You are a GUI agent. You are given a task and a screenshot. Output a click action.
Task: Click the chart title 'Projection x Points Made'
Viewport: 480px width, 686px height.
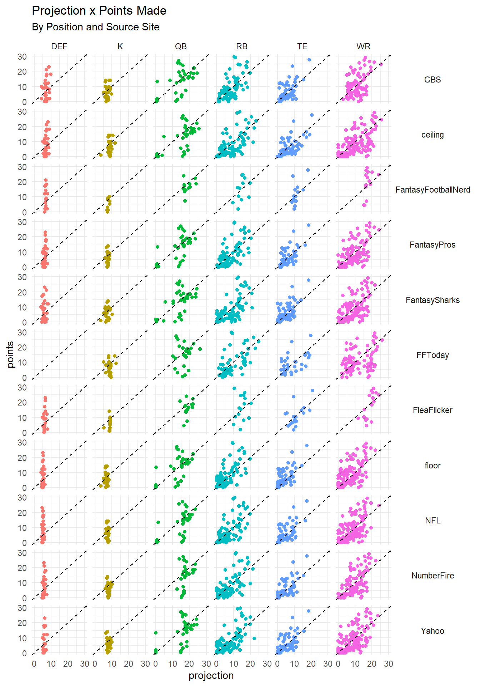[x=99, y=11]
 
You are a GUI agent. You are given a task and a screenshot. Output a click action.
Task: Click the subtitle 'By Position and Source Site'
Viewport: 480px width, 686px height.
[x=95, y=27]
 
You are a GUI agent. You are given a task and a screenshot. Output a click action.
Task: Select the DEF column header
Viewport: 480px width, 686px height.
[x=59, y=46]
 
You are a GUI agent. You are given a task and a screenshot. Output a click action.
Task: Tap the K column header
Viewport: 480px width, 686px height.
[x=120, y=46]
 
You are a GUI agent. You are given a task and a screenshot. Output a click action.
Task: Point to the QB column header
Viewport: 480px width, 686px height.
[x=181, y=46]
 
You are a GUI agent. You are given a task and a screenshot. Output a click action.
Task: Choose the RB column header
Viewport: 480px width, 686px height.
[x=242, y=46]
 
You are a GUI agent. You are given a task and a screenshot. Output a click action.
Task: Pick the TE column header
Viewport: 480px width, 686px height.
[x=302, y=46]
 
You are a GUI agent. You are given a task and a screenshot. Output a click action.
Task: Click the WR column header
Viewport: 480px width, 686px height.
[x=363, y=46]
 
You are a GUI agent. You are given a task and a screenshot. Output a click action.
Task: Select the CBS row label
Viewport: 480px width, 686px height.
[x=432, y=80]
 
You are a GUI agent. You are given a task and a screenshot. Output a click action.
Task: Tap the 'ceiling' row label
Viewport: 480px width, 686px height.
[x=432, y=135]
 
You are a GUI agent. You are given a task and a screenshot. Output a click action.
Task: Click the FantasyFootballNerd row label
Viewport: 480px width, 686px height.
[x=432, y=190]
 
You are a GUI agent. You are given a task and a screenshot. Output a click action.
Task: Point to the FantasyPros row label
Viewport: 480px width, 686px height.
[x=432, y=245]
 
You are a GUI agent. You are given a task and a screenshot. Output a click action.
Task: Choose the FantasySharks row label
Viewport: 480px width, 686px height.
[x=432, y=300]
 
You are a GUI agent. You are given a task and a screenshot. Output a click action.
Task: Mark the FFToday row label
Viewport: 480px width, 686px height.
[x=432, y=355]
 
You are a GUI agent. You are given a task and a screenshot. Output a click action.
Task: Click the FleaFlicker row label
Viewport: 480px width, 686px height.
[x=432, y=410]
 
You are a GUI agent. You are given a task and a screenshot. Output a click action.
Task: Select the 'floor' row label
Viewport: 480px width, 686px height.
[x=432, y=466]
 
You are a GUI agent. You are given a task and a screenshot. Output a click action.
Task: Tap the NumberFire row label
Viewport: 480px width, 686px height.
[x=432, y=576]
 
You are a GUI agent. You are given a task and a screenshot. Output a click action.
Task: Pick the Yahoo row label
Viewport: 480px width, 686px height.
[x=432, y=631]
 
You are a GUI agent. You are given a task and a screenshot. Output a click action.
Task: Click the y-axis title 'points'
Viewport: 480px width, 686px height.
[x=10, y=354]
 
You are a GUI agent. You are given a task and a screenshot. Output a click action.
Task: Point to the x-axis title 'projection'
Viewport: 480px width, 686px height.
[x=211, y=676]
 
